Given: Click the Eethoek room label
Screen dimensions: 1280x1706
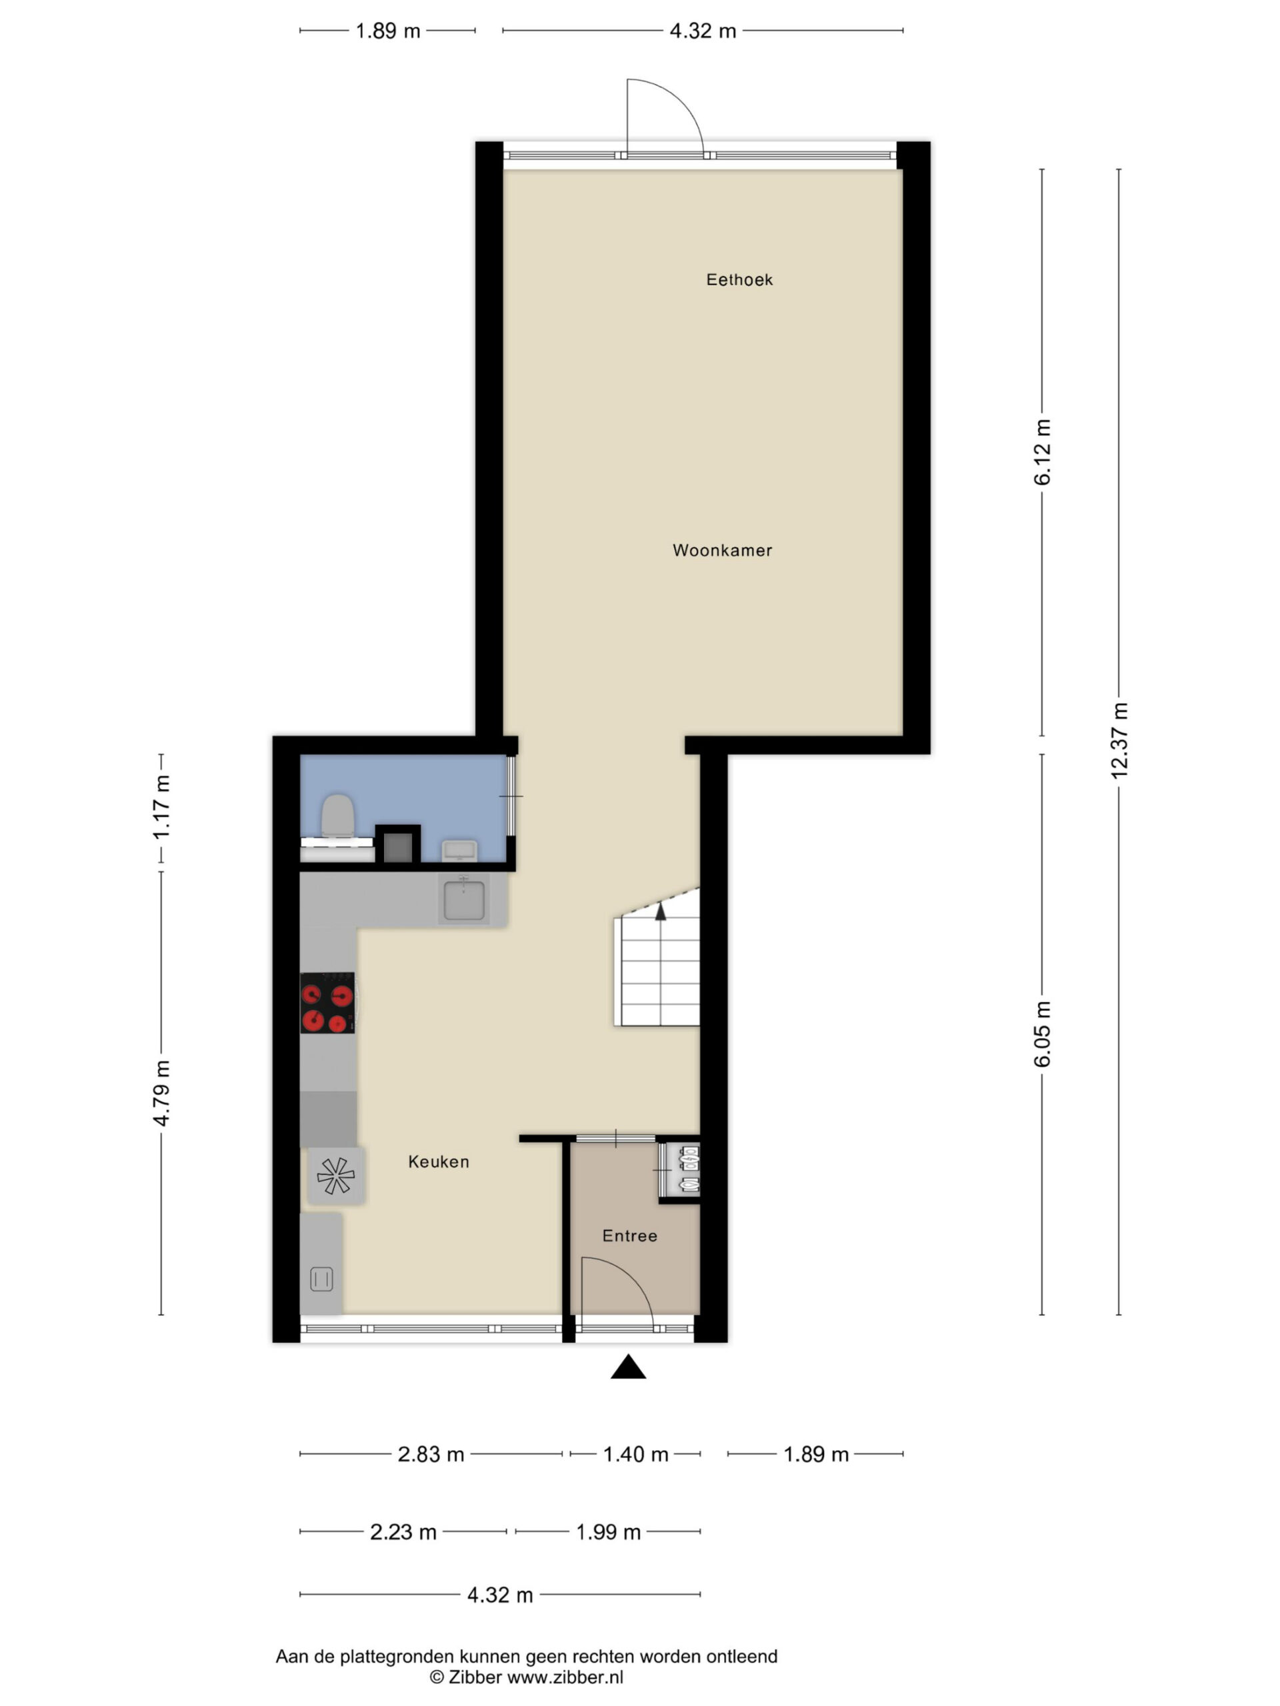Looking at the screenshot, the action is click(739, 280).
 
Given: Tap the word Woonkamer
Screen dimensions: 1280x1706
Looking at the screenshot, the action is click(721, 550).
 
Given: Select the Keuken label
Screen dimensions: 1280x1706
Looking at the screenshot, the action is click(438, 1162).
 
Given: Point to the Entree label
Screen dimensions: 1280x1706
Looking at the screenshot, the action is click(629, 1236).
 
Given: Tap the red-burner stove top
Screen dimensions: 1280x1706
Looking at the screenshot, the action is click(327, 1003).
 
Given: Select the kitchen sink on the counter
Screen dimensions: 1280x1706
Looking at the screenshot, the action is click(464, 898).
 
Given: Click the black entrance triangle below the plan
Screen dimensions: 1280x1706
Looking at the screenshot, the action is click(628, 1367).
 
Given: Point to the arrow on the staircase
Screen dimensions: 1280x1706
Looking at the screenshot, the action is click(661, 912).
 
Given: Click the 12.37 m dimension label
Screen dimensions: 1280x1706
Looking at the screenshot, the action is click(1119, 740).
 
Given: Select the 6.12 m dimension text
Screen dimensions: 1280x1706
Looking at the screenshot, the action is click(1041, 452).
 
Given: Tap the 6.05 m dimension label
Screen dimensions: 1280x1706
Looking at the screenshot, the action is click(1041, 1034).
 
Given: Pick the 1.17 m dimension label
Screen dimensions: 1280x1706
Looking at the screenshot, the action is click(161, 807).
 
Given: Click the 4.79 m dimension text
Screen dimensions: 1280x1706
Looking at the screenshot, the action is click(161, 1093).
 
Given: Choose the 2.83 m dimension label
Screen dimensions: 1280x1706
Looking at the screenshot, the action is click(431, 1455).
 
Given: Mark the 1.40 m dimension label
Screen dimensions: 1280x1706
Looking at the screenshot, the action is click(635, 1455).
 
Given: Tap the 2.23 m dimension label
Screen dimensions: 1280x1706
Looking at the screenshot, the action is click(403, 1531).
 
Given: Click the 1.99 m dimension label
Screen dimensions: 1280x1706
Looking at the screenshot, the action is click(608, 1531).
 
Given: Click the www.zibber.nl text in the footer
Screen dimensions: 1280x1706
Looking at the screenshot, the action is click(565, 1677).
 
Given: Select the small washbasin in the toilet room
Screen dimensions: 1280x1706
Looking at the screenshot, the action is click(459, 851).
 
